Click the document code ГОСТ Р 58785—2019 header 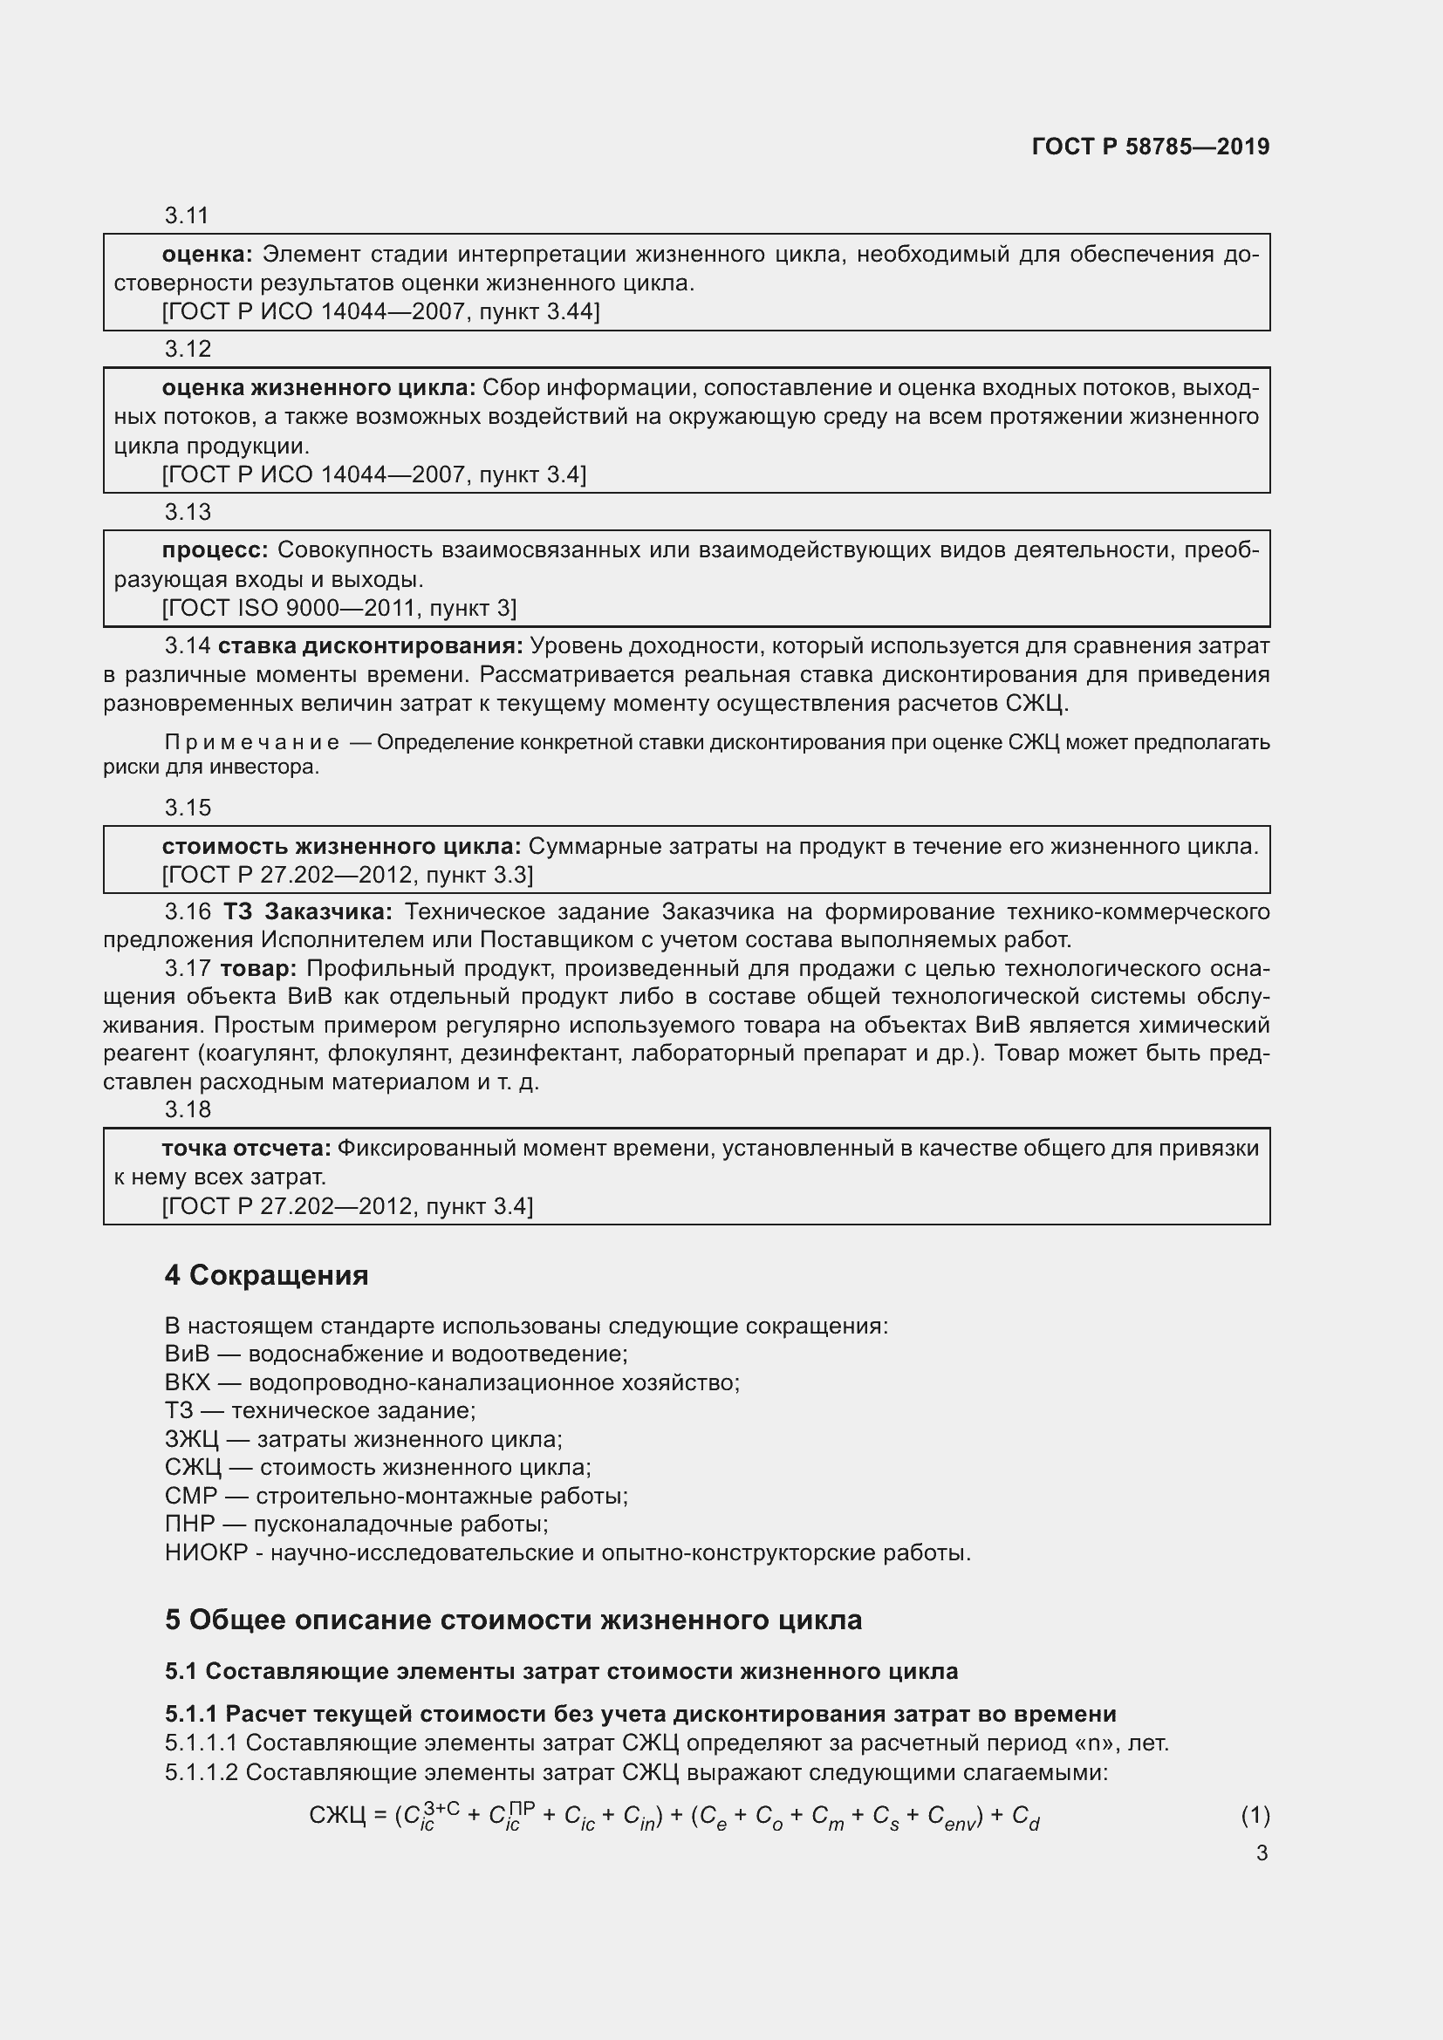[x=1150, y=147]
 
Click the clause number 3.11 [x=187, y=216]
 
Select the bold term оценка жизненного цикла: [x=319, y=388]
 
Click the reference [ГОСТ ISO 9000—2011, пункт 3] [x=339, y=609]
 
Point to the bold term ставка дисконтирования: [x=371, y=646]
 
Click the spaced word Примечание [x=251, y=743]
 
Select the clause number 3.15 [x=188, y=808]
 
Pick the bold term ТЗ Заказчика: [x=306, y=912]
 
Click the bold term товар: [x=257, y=968]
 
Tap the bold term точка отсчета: [x=246, y=1149]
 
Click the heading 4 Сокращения [x=266, y=1276]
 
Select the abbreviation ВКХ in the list [x=187, y=1383]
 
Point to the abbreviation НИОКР [x=205, y=1553]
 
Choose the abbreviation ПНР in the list [x=189, y=1525]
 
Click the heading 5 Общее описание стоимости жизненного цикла [x=513, y=1620]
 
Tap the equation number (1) [x=1255, y=1816]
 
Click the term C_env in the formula [x=951, y=1818]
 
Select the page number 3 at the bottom [x=1262, y=1853]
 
